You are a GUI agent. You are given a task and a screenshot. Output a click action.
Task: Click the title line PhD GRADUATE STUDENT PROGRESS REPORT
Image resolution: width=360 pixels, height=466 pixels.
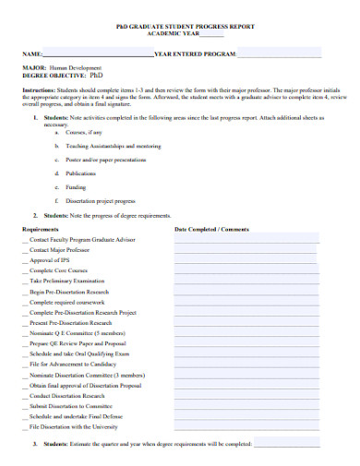180,29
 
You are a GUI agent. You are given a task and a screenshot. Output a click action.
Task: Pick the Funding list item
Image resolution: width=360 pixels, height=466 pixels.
77,186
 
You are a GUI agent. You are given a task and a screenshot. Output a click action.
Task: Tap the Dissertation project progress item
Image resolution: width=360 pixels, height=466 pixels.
101,199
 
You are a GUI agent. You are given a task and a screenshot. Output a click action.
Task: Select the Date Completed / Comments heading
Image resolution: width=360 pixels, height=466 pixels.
211,229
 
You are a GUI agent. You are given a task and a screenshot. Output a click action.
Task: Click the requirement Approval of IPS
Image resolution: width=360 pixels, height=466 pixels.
50,259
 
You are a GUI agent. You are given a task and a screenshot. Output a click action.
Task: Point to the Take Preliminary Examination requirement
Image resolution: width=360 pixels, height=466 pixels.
66,280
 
